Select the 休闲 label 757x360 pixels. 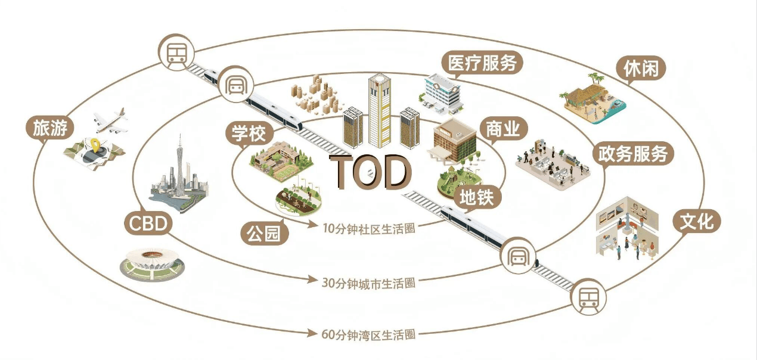pyautogui.click(x=641, y=69)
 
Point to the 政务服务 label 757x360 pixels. pyautogui.click(x=632, y=154)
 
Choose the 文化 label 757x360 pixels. pyautogui.click(x=697, y=222)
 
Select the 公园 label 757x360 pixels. pyautogui.click(x=264, y=233)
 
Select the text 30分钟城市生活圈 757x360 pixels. pyautogui.click(x=368, y=283)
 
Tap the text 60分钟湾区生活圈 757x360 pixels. pyautogui.click(x=368, y=334)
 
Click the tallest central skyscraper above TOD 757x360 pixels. pyautogui.click(x=379, y=110)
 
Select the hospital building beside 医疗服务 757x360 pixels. pyautogui.click(x=444, y=92)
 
